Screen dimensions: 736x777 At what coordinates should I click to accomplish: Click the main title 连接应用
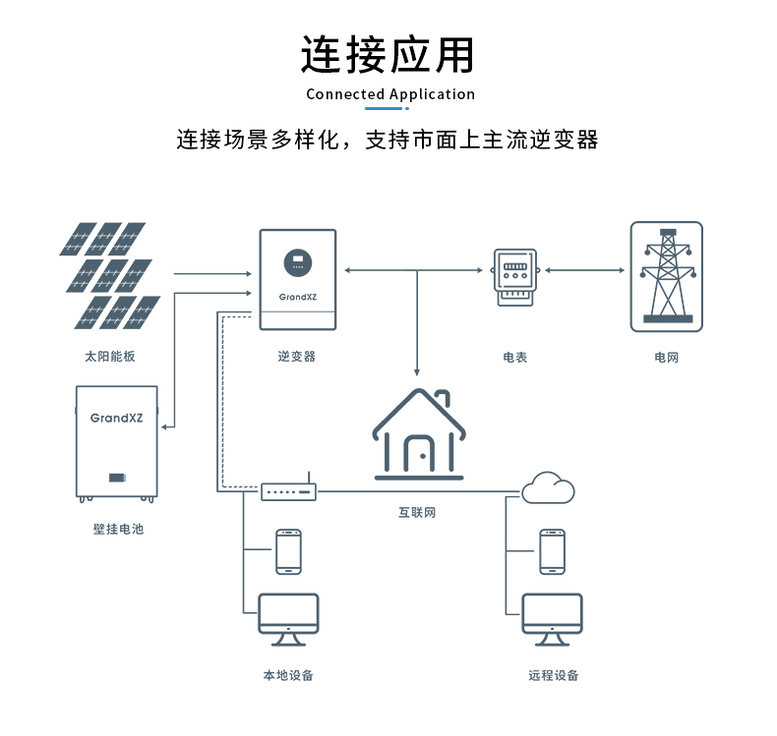click(x=388, y=55)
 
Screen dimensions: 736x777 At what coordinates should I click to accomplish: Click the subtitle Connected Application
click(x=390, y=94)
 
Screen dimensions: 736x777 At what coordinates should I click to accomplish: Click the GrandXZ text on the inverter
click(x=297, y=295)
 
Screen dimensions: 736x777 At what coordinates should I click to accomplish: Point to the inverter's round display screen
click(x=297, y=262)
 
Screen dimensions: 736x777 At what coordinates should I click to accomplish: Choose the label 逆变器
click(x=297, y=357)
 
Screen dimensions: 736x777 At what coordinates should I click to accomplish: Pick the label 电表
click(x=515, y=358)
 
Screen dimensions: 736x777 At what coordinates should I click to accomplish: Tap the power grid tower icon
click(x=666, y=276)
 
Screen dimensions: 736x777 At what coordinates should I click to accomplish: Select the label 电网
click(x=666, y=358)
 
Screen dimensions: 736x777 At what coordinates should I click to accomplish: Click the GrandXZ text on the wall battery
click(x=117, y=418)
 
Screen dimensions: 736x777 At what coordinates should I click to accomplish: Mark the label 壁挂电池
click(x=118, y=530)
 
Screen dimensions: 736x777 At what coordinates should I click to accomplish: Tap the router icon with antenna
click(x=288, y=489)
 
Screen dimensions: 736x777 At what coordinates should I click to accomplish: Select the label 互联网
click(x=416, y=513)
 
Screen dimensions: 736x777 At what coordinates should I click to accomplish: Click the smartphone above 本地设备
click(x=288, y=551)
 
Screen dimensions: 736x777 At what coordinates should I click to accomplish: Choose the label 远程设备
click(x=553, y=676)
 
